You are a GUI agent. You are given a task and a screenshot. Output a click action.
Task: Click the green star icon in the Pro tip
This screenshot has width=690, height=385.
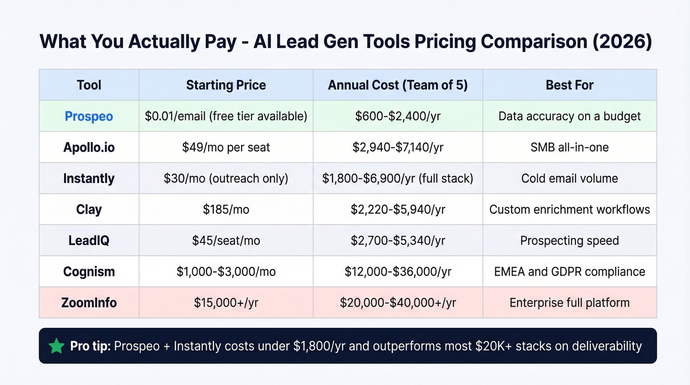(x=57, y=346)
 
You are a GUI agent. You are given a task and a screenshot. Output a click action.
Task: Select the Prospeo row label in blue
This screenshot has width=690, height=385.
(x=89, y=116)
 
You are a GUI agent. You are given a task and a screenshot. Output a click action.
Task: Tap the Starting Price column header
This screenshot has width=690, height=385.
(x=226, y=85)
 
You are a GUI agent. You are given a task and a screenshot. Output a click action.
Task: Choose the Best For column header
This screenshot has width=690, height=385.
(x=569, y=85)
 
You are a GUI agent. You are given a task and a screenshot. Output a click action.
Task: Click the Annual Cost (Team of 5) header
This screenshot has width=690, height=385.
(x=398, y=85)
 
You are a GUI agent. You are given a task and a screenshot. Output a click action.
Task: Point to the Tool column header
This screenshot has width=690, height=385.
(x=89, y=85)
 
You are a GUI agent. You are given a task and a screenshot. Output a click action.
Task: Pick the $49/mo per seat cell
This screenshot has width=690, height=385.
(x=226, y=147)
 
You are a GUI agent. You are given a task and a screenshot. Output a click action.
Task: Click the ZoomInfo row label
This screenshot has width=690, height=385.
(x=89, y=302)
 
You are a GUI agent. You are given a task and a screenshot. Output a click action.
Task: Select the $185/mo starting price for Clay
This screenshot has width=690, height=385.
(x=226, y=210)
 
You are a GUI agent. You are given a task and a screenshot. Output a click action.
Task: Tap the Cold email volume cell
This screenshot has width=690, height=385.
(x=569, y=178)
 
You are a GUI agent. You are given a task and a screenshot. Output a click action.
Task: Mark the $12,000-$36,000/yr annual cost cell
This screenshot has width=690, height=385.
(x=398, y=271)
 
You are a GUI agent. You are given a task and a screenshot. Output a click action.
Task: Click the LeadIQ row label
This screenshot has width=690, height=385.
(x=89, y=241)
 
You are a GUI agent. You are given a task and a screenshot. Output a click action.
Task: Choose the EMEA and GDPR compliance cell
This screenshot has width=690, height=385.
(x=569, y=271)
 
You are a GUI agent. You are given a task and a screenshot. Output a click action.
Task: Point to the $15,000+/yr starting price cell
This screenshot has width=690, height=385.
(x=226, y=302)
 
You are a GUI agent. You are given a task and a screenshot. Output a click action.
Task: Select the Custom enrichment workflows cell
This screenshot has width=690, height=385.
(x=569, y=210)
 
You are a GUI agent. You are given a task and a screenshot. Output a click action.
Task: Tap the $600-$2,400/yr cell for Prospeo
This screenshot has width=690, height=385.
(x=398, y=116)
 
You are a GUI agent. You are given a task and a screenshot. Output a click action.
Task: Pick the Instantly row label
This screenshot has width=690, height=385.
(x=89, y=178)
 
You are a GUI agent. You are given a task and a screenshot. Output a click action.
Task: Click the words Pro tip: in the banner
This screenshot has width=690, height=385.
(x=90, y=346)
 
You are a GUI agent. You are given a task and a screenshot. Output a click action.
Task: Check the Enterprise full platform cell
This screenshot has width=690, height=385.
(x=569, y=302)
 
